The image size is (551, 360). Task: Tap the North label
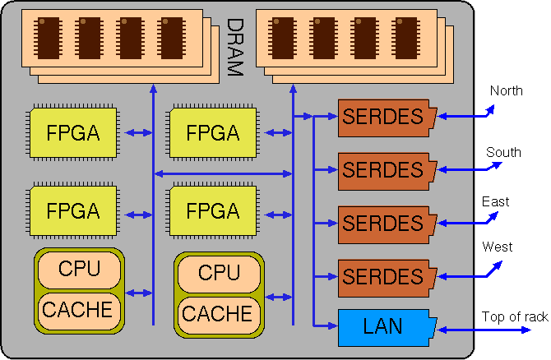pyautogui.click(x=506, y=90)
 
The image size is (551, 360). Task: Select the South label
pyautogui.click(x=503, y=152)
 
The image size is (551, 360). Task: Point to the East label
pyautogui.click(x=495, y=201)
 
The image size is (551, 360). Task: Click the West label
pyautogui.click(x=497, y=247)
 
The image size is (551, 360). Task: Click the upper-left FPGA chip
pyautogui.click(x=73, y=132)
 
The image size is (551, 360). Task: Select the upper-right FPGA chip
pyautogui.click(x=212, y=132)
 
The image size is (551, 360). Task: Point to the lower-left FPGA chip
pyautogui.click(x=73, y=211)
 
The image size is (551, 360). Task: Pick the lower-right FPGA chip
pyautogui.click(x=212, y=211)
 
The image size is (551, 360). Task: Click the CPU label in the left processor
pyautogui.click(x=80, y=269)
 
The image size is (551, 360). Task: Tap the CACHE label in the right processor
pyautogui.click(x=217, y=313)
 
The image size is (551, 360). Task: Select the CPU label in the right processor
pyautogui.click(x=219, y=273)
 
